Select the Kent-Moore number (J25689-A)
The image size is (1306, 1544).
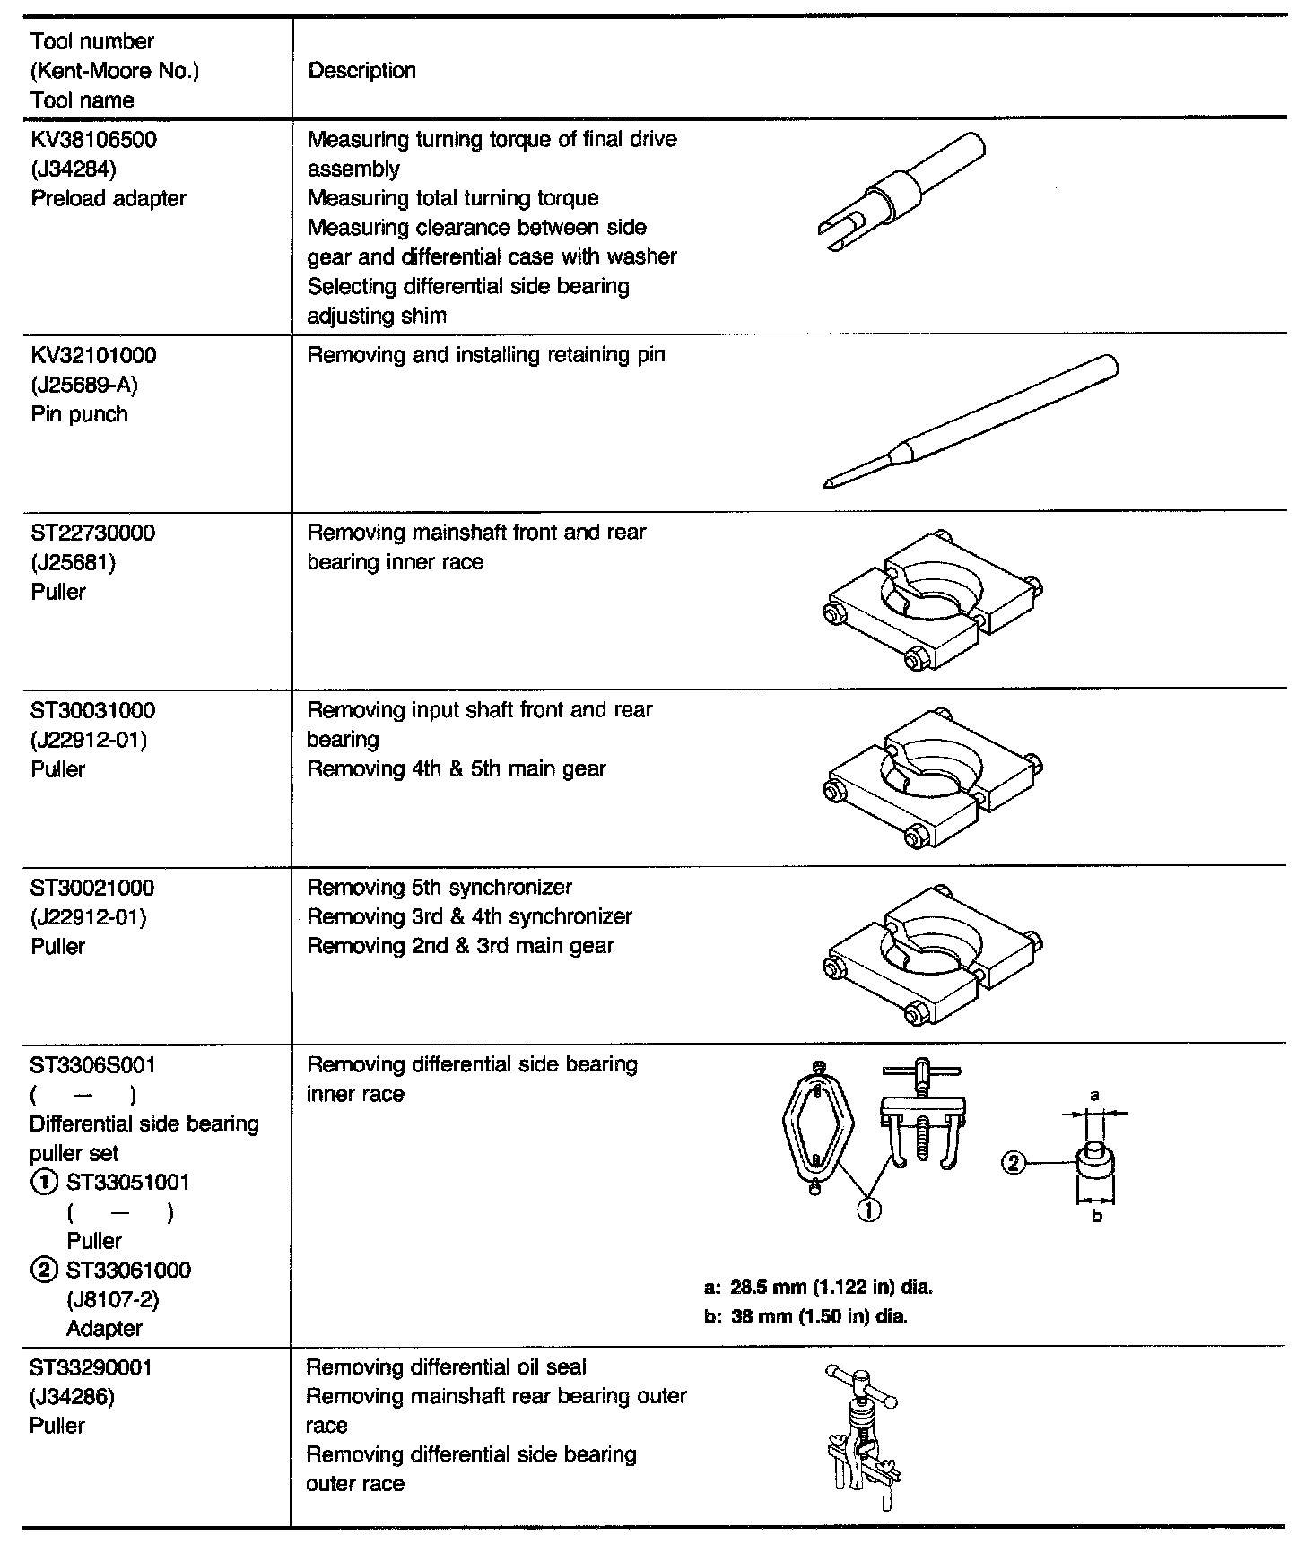point(84,385)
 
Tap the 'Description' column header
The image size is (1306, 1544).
point(361,71)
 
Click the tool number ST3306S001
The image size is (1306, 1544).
point(93,1065)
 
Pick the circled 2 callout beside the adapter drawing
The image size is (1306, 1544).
point(1013,1163)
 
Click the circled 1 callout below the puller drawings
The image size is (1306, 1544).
point(868,1209)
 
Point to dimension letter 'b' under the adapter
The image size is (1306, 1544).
point(1096,1216)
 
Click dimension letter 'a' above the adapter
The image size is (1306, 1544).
point(1094,1095)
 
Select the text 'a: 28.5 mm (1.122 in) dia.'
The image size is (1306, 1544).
point(819,1288)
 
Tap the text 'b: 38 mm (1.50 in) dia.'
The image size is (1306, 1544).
point(806,1317)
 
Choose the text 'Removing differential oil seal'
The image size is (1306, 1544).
point(447,1367)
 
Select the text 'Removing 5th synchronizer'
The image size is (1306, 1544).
point(440,888)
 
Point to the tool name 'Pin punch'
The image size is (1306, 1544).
point(79,414)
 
